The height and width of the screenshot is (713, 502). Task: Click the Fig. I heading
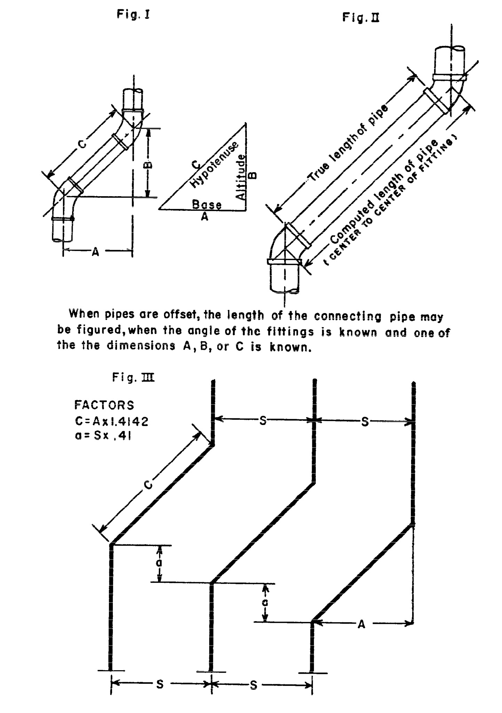click(x=133, y=15)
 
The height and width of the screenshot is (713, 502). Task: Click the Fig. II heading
click(x=361, y=17)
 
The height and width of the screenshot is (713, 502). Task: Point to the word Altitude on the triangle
click(x=241, y=177)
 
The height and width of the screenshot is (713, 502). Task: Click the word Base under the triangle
click(x=207, y=205)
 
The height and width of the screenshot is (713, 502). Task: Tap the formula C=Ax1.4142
click(x=112, y=422)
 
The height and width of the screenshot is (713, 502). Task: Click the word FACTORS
click(x=104, y=405)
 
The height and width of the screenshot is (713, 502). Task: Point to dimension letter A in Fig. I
click(x=95, y=252)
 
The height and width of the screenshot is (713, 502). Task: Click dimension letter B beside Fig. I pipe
click(x=148, y=163)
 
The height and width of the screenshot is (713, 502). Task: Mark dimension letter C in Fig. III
click(x=149, y=485)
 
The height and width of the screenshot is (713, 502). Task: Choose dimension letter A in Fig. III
click(x=361, y=625)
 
